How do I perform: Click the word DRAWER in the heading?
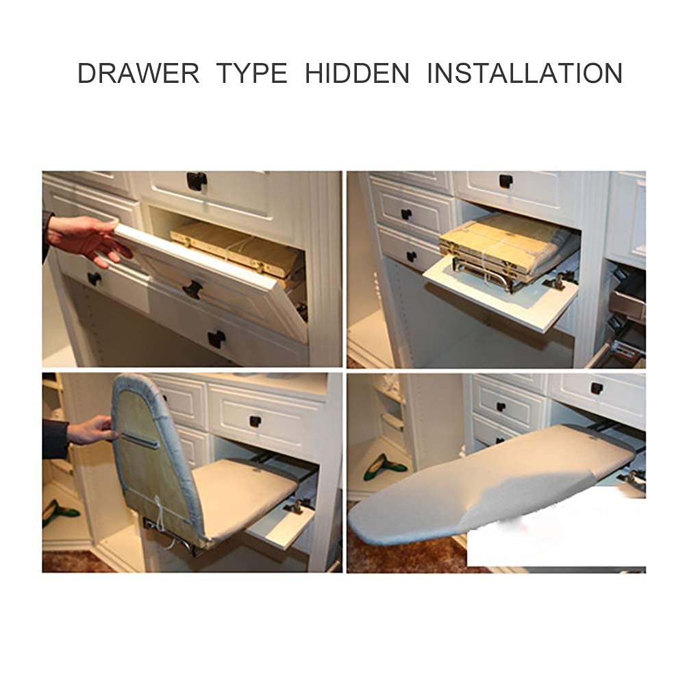click(x=138, y=73)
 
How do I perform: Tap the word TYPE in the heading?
click(x=252, y=73)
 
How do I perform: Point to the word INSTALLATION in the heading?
click(x=524, y=73)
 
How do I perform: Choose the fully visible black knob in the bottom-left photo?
click(x=258, y=420)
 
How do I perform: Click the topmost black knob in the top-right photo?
click(x=506, y=181)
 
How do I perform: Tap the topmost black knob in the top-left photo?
click(x=197, y=180)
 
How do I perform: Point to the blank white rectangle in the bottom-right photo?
click(x=555, y=534)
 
